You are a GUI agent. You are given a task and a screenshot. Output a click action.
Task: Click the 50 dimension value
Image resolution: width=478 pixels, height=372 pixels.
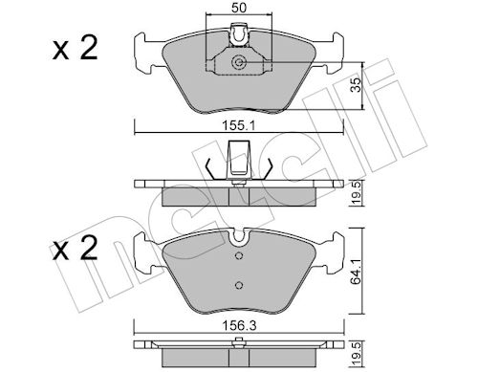(239, 8)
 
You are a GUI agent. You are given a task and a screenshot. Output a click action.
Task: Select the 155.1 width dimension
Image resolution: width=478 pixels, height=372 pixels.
(239, 126)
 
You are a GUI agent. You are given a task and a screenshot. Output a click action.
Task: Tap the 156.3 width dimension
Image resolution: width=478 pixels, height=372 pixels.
(239, 325)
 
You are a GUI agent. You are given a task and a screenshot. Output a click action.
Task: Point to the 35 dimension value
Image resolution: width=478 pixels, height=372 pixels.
(357, 85)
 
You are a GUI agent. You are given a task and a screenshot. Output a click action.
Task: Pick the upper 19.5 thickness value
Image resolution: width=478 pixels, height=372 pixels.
(357, 192)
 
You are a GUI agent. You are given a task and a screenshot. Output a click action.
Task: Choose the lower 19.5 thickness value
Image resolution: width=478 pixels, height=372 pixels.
(357, 353)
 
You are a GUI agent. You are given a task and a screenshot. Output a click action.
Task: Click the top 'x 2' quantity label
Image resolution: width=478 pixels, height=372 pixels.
(76, 48)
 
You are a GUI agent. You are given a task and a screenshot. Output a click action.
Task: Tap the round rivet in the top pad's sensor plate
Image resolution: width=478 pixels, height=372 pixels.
(238, 62)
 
